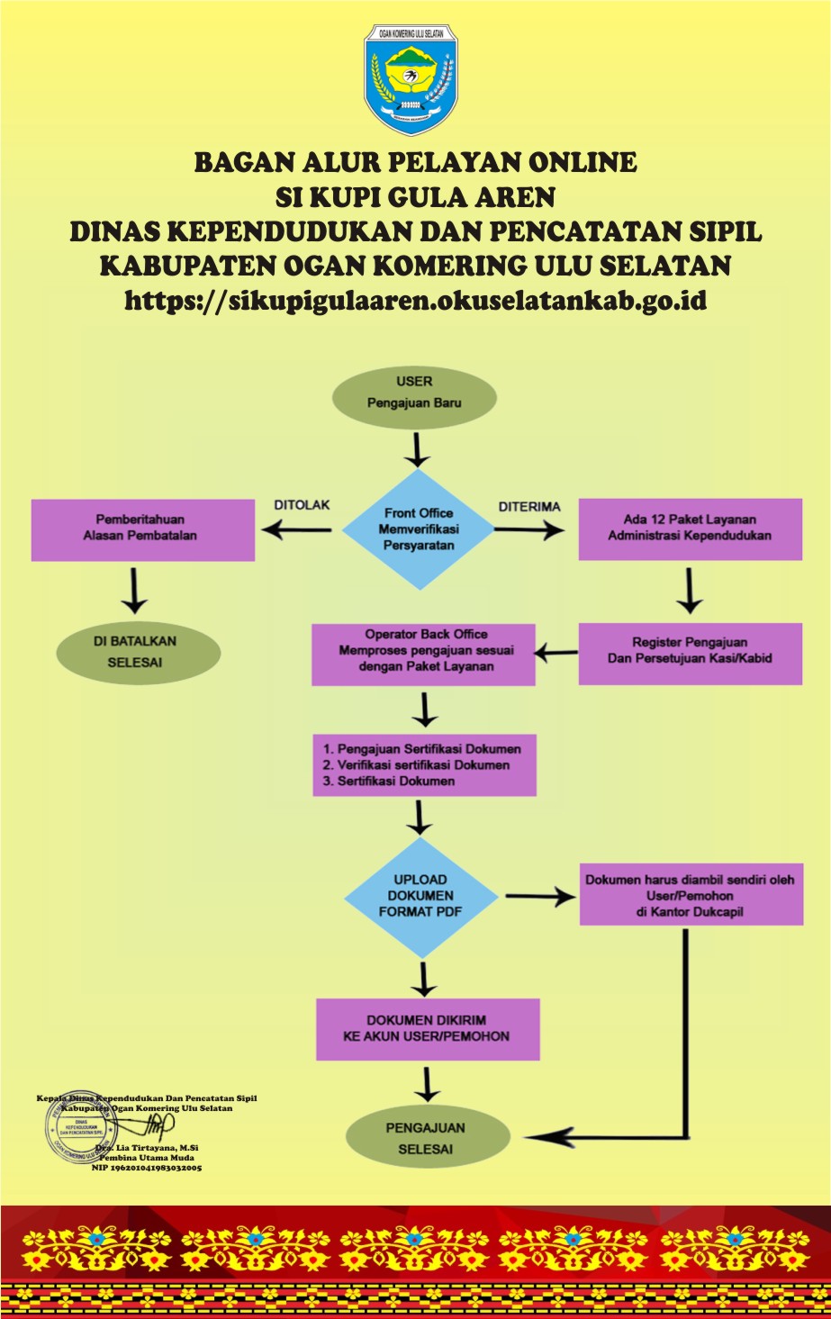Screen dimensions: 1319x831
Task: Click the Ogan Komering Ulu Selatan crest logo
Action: click(411, 79)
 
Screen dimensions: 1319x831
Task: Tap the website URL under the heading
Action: click(415, 300)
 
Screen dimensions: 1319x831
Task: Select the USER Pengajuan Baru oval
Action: click(414, 393)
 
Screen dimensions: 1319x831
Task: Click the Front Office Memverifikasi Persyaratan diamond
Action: click(419, 529)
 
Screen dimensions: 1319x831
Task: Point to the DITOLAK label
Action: click(302, 505)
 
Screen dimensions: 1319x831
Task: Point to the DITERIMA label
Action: click(529, 507)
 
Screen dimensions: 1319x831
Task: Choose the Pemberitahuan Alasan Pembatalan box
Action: click(142, 529)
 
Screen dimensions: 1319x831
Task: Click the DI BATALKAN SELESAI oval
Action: click(138, 652)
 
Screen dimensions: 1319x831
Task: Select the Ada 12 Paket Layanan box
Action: click(690, 529)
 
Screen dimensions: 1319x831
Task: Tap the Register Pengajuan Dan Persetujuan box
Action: click(690, 651)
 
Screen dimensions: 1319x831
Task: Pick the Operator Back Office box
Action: click(424, 651)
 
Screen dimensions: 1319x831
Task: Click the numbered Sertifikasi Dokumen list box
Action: click(424, 765)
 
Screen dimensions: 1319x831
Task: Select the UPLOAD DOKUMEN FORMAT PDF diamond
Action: click(420, 897)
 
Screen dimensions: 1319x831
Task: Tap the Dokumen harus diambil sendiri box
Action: click(691, 897)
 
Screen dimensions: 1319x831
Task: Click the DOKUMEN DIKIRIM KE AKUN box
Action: click(428, 1029)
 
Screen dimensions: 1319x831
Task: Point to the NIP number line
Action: click(147, 1168)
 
